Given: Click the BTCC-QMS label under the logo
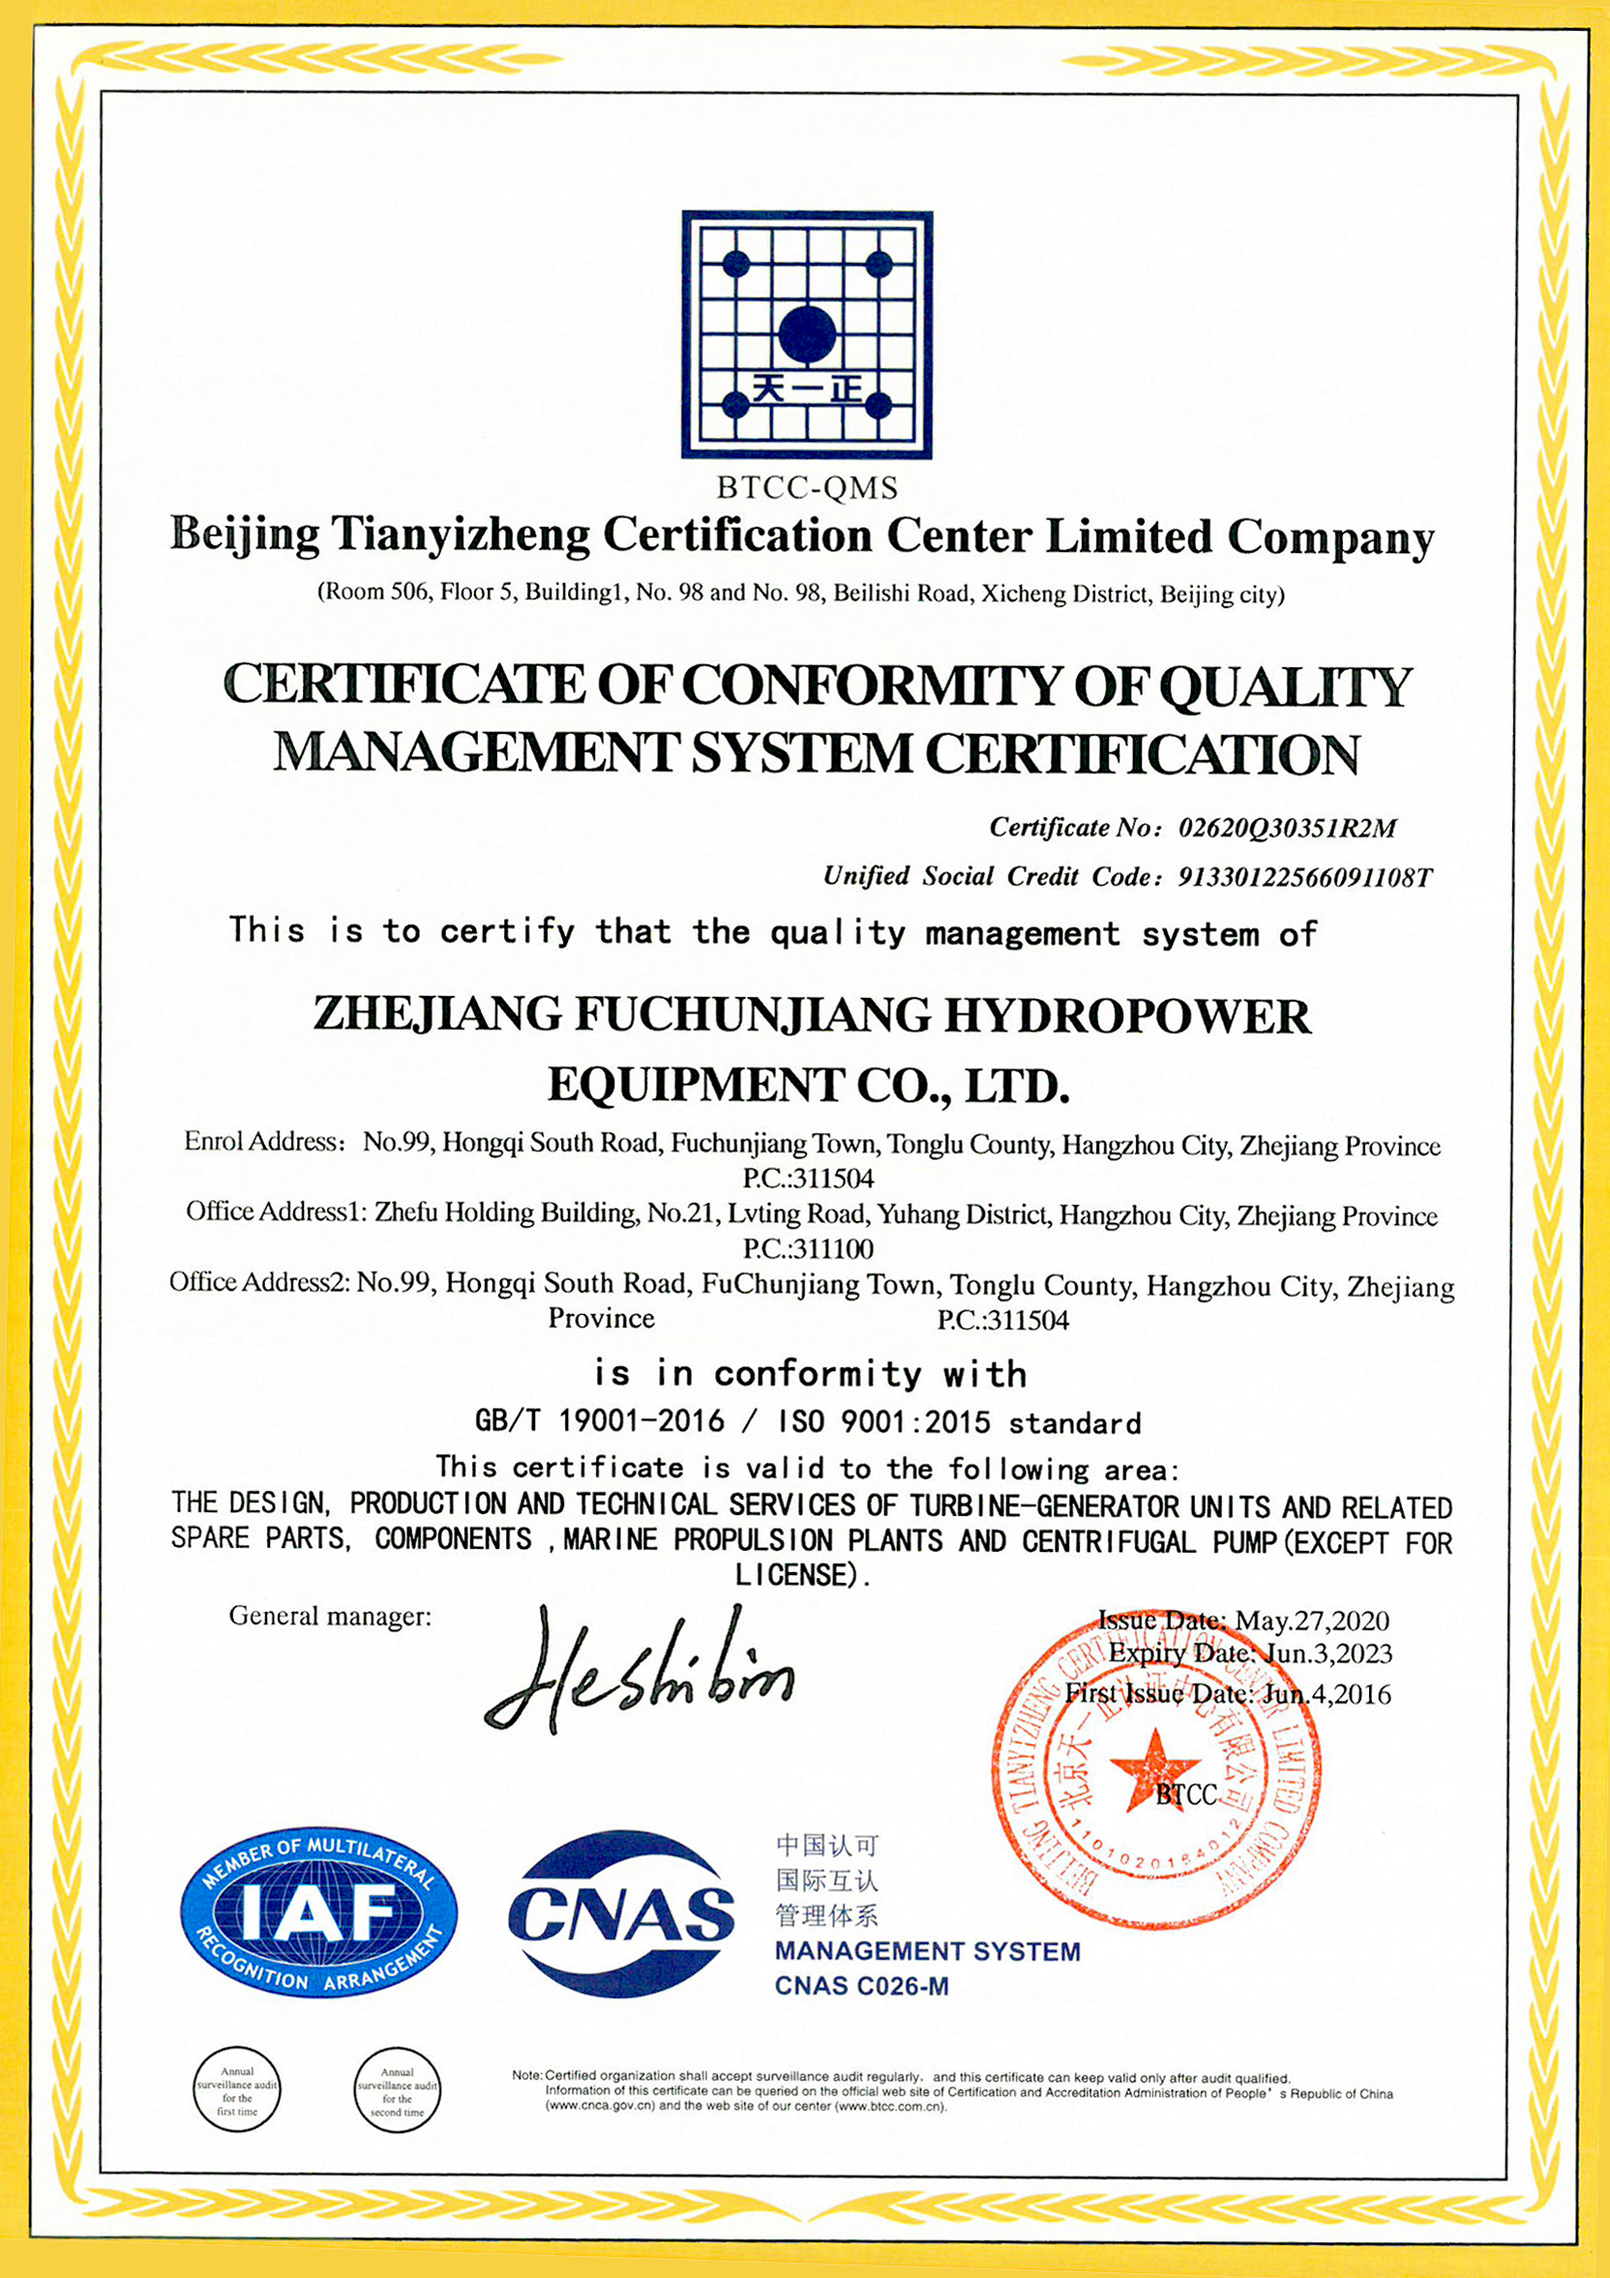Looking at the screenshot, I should pos(807,488).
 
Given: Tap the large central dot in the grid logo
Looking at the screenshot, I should pos(807,334).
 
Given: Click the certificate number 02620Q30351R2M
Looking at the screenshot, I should pos(1288,829).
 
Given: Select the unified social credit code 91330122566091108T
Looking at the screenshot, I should pos(1305,877).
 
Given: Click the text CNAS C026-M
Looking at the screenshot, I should pos(861,1985).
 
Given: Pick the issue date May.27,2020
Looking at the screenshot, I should pos(1311,1621).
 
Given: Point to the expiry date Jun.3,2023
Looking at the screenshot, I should pos(1327,1654).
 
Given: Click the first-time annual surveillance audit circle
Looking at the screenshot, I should pos(237,2089).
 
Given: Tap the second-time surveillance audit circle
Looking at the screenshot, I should pos(397,2089).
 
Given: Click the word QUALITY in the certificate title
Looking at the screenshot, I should pos(1285,686).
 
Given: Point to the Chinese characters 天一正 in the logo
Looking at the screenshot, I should pos(807,387).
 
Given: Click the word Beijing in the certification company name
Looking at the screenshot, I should pos(245,535).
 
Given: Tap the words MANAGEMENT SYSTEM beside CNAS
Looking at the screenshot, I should pos(927,1950).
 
